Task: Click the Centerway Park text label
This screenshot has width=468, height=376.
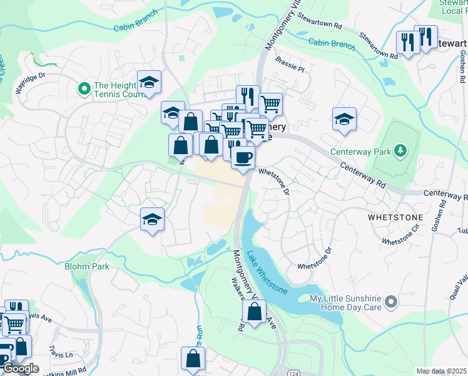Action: (x=364, y=151)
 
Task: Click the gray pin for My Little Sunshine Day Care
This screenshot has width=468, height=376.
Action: (x=392, y=302)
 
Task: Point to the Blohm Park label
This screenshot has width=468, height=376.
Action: (x=87, y=266)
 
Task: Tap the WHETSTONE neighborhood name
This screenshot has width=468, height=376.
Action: (x=395, y=217)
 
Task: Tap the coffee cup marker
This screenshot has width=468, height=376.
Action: (x=243, y=157)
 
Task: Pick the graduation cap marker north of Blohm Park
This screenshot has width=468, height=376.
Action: (x=152, y=220)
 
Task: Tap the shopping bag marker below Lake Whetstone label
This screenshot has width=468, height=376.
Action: (x=254, y=311)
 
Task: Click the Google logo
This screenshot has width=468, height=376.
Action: (x=20, y=368)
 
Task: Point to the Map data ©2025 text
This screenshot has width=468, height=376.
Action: (x=441, y=371)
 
